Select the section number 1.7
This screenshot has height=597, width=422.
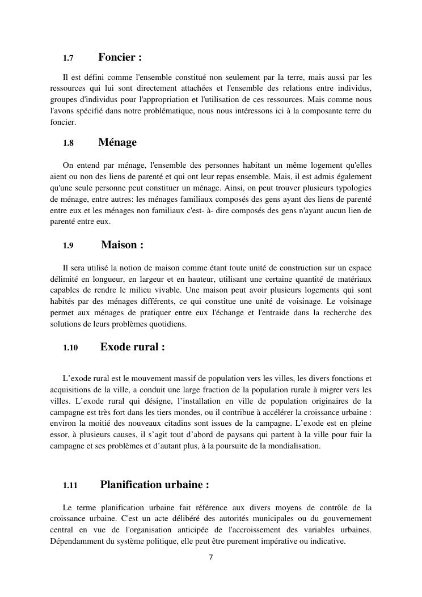(x=68, y=58)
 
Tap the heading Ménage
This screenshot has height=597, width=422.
(x=117, y=142)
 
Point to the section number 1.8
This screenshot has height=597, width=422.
(x=68, y=143)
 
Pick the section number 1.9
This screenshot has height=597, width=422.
(x=68, y=246)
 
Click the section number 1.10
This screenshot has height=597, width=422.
(x=70, y=348)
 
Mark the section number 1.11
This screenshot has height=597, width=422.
(x=70, y=486)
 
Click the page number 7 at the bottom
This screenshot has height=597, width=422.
(x=211, y=557)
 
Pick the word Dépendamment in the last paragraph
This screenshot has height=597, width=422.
(x=76, y=541)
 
